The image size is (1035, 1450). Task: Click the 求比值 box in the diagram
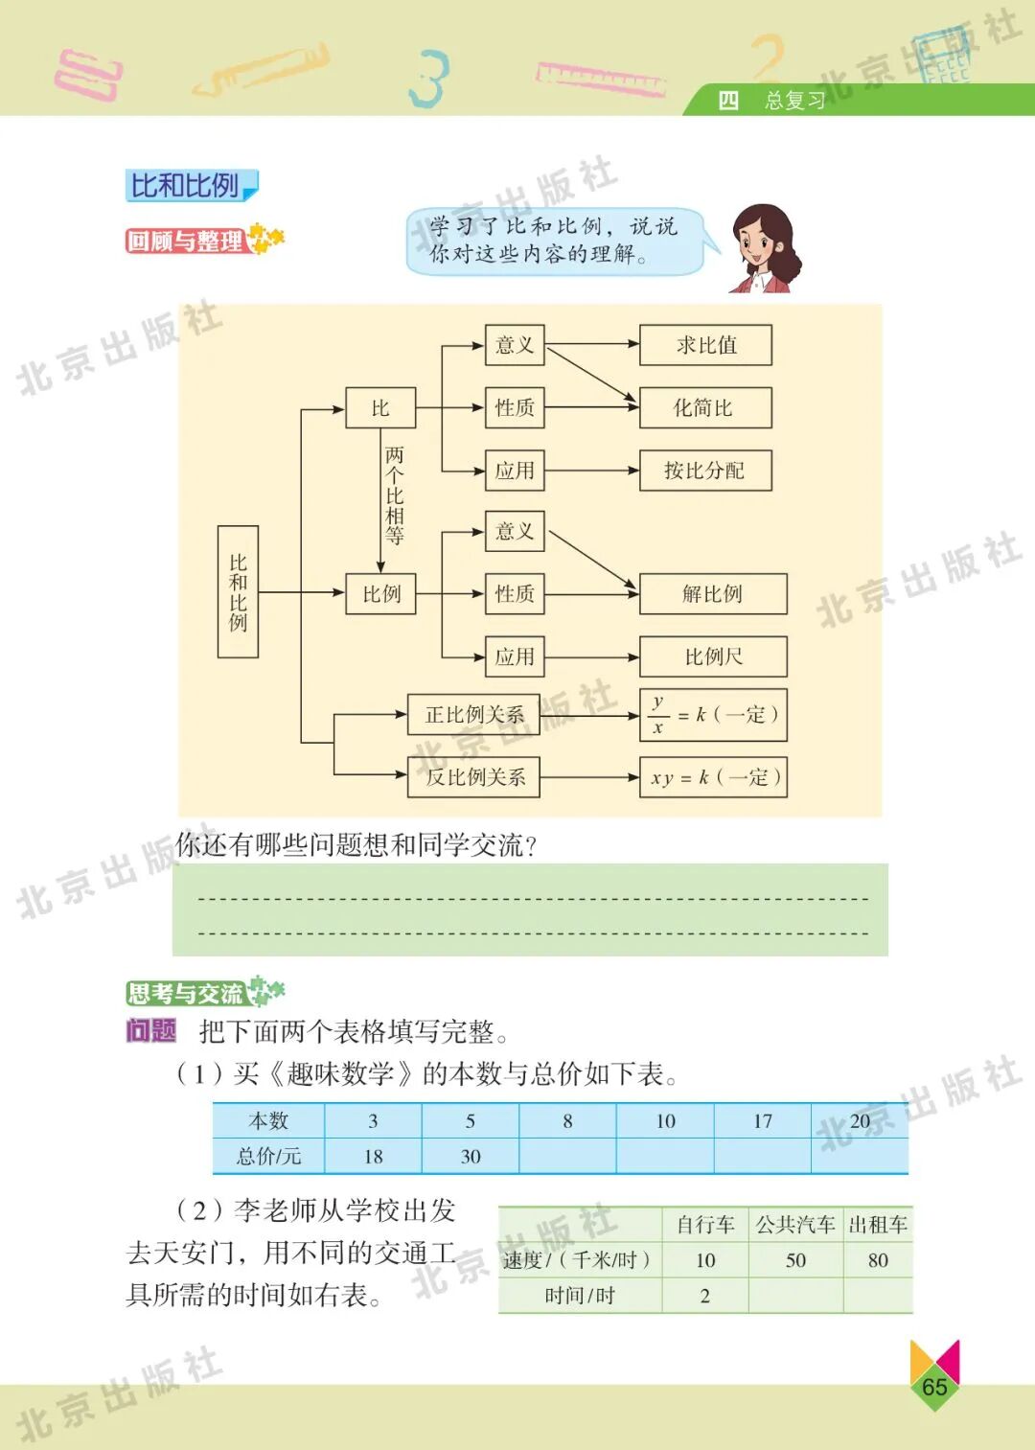point(705,345)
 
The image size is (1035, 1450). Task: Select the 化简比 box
point(705,408)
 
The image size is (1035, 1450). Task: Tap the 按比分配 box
point(705,471)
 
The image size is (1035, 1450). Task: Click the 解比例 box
point(713,594)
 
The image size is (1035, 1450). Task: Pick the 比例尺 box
point(713,656)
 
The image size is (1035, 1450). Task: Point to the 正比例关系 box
point(474,715)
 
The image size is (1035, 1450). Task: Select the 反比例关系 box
point(474,777)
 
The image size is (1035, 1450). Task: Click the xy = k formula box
point(713,777)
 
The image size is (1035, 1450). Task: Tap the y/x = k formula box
point(713,715)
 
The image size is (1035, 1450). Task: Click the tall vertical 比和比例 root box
point(238,591)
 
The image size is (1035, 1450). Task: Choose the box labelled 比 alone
point(380,408)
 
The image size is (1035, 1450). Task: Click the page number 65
point(934,1387)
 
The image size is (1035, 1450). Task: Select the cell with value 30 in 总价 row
point(471,1157)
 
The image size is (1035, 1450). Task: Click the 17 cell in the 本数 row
point(763,1121)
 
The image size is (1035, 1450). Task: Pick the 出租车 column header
point(878,1225)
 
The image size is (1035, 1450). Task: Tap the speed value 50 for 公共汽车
point(795,1260)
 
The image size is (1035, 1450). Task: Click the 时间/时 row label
point(580,1296)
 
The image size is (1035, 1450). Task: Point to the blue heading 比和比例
point(186,186)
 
